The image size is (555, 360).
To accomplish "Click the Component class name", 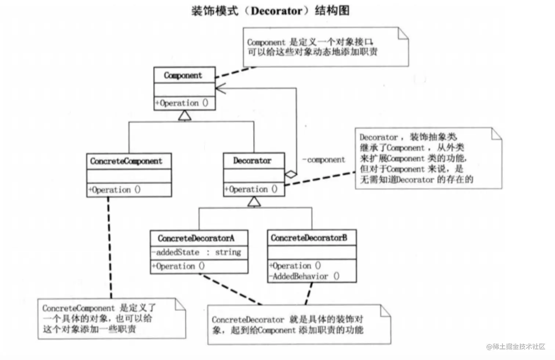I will pyautogui.click(x=183, y=76).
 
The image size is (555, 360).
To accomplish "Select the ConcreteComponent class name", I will pyautogui.click(x=126, y=161).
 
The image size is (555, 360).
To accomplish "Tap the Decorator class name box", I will pyautogui.click(x=253, y=161).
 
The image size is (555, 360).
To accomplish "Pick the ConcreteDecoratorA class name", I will pyautogui.click(x=196, y=238).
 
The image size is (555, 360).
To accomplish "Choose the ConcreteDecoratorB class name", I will pyautogui.click(x=309, y=238).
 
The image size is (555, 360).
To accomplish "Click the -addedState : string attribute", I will pyautogui.click(x=196, y=252).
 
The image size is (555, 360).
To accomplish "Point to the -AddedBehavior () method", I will pyautogui.click(x=304, y=276).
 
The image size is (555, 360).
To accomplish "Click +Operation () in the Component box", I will pyautogui.click(x=182, y=103).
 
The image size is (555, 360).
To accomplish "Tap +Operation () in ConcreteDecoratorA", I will pyautogui.click(x=178, y=266).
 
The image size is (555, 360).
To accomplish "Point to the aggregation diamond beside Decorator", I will pyautogui.click(x=291, y=174).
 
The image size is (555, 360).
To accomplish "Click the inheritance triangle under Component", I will pyautogui.click(x=185, y=116).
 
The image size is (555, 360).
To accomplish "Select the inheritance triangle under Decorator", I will pyautogui.click(x=254, y=201).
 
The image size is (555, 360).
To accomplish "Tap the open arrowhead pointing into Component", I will pyautogui.click(x=220, y=88).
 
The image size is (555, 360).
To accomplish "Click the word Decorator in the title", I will pyautogui.click(x=276, y=11).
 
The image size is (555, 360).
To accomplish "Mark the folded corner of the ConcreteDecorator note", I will pyautogui.click(x=385, y=310).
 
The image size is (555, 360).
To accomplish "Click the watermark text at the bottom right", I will pyautogui.click(x=516, y=346).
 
